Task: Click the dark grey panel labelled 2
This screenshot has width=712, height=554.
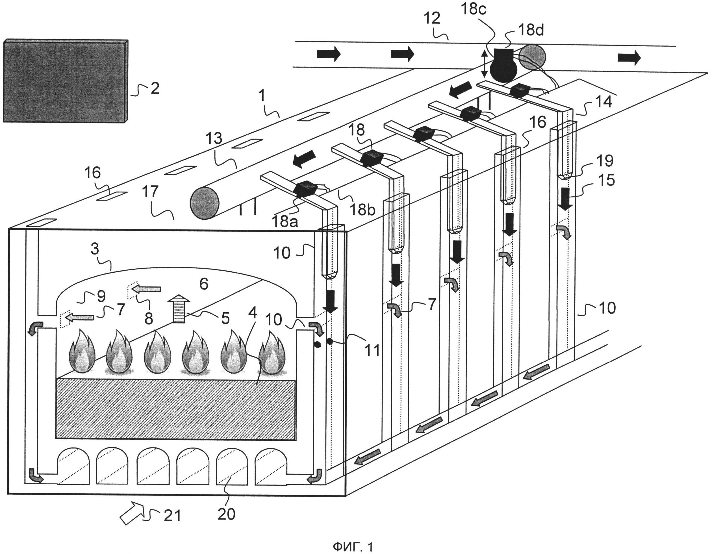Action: coord(65,81)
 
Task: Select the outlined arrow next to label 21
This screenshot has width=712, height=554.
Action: coord(132,513)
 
